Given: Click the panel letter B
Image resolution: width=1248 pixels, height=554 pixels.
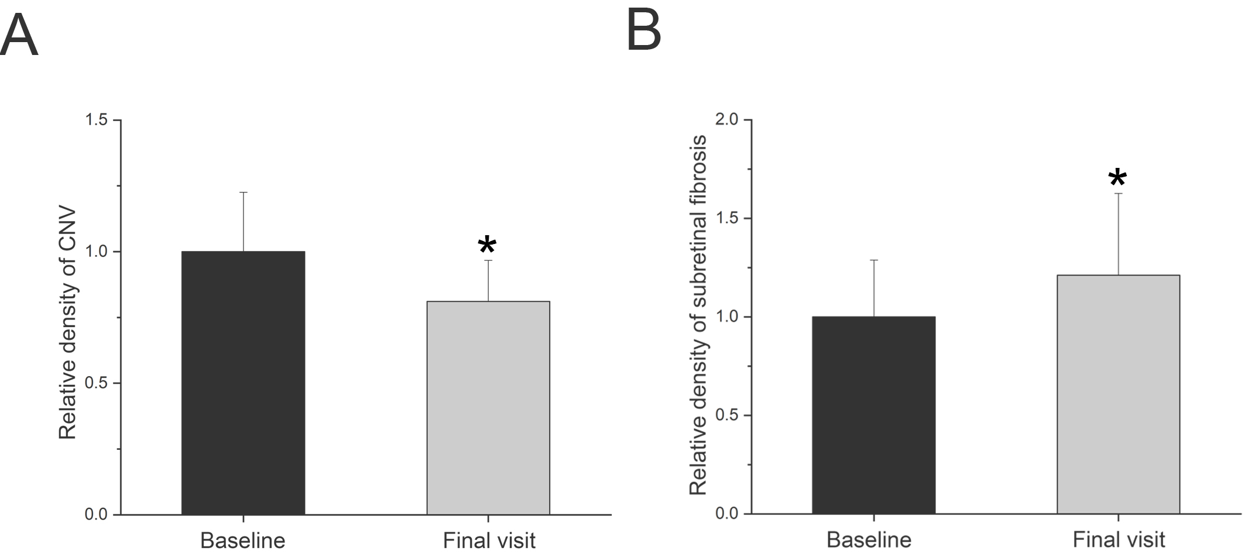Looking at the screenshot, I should (x=643, y=30).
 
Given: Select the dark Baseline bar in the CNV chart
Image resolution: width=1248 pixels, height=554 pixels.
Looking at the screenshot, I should (x=243, y=383).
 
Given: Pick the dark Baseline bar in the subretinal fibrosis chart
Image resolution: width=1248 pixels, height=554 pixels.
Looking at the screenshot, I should (x=873, y=415).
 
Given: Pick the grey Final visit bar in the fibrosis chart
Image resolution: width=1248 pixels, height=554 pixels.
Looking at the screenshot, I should (x=1118, y=394).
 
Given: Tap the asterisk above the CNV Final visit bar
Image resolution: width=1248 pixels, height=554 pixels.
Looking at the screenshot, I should (x=487, y=246).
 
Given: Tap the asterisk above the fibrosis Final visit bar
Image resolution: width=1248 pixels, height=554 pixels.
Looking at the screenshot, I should (x=1117, y=179).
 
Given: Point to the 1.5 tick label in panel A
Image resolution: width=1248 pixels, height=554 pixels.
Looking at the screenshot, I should (x=97, y=120).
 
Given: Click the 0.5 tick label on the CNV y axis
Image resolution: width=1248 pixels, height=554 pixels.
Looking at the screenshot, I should (x=97, y=383).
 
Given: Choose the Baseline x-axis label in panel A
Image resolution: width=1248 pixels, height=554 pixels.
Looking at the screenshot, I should (x=243, y=540).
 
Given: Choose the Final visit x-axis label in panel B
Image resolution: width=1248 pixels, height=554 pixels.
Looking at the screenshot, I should (x=1119, y=539).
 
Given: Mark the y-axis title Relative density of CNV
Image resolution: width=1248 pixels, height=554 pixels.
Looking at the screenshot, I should (x=68, y=322).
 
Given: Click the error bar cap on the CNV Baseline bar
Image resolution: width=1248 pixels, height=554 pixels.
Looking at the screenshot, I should (x=243, y=192).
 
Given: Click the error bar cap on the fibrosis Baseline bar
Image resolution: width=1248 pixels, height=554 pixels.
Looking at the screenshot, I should (x=873, y=260).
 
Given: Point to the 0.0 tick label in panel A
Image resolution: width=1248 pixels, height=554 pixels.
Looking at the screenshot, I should (x=97, y=515).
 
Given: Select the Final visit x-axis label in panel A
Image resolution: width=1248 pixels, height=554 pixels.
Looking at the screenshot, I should (x=489, y=540).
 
